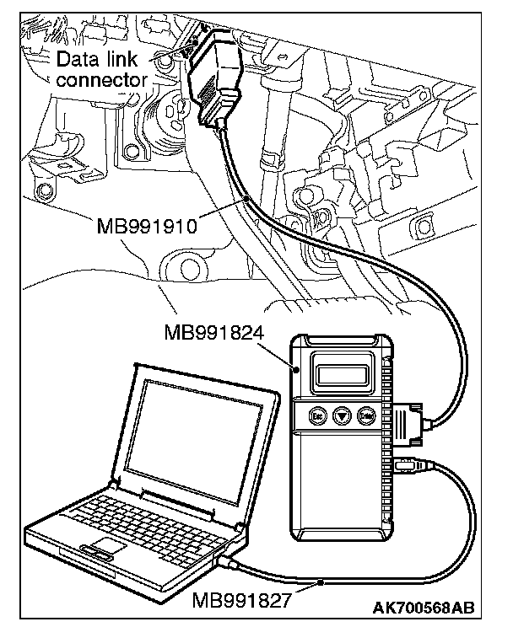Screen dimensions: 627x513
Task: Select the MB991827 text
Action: pos(240,600)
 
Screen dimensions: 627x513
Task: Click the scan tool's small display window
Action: pos(342,372)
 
